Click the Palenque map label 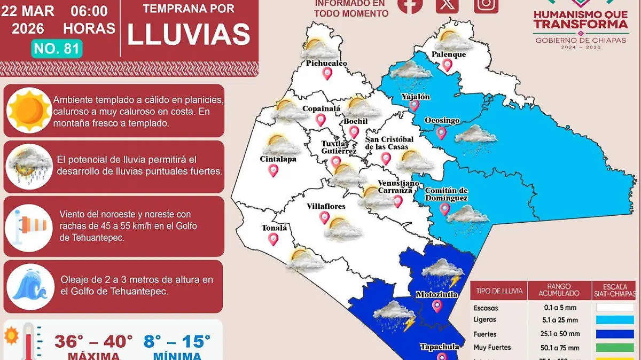click(x=449, y=54)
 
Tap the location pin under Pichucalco click(x=327, y=74)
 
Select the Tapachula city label click(x=439, y=347)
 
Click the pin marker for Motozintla click(x=437, y=306)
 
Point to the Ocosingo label click(x=442, y=121)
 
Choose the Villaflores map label click(x=326, y=206)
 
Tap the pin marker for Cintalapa click(x=273, y=170)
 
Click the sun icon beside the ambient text click(x=30, y=110)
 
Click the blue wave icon click(x=30, y=287)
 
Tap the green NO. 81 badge click(x=57, y=49)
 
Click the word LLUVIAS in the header click(x=189, y=35)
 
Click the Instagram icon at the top click(x=486, y=4)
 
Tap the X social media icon click(x=447, y=4)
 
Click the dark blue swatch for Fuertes click(x=614, y=334)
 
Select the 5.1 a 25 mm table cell click(x=559, y=320)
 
